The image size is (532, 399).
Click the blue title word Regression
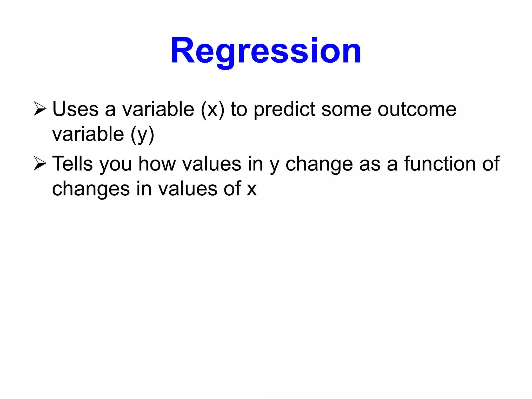(x=266, y=51)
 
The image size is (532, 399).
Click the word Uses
(x=75, y=109)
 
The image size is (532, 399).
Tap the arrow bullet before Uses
(x=40, y=109)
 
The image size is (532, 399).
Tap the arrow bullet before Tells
(x=40, y=164)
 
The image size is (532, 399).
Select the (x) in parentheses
(x=212, y=110)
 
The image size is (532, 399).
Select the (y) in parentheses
(x=142, y=135)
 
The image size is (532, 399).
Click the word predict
(x=284, y=110)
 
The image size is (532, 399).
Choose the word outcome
(x=417, y=110)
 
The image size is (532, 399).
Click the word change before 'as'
(x=319, y=164)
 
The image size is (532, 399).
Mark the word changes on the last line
(x=91, y=189)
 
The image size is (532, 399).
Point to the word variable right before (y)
(x=88, y=134)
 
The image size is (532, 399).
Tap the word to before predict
(x=239, y=110)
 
